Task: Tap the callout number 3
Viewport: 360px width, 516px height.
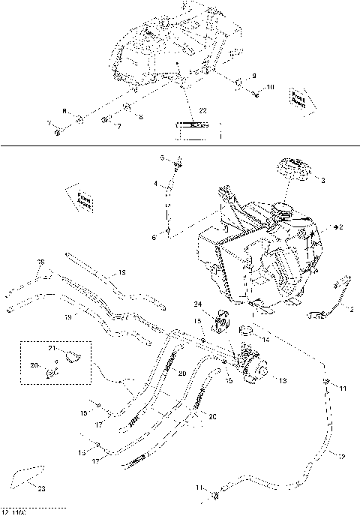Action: click(x=322, y=181)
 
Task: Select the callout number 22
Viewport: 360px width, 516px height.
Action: click(x=202, y=112)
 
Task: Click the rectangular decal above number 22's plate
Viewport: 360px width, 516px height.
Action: click(x=194, y=126)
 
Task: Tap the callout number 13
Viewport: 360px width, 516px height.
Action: click(x=282, y=380)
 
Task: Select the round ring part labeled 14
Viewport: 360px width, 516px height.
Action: click(x=244, y=330)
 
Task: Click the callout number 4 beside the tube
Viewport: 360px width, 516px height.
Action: click(x=156, y=184)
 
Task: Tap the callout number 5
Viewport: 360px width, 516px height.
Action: click(x=160, y=157)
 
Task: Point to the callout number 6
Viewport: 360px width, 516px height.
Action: click(x=154, y=237)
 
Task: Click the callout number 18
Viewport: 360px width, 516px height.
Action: click(x=123, y=272)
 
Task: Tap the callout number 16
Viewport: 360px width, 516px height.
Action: click(x=41, y=262)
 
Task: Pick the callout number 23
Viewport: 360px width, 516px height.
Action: click(x=40, y=488)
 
